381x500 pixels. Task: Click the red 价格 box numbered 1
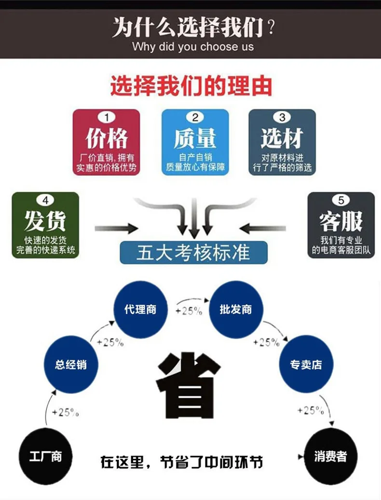107,142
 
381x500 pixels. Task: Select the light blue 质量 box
195,142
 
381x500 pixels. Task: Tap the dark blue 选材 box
282,142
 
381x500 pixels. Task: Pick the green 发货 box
45,225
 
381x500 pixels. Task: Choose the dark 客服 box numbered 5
341,225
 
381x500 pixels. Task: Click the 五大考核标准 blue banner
193,252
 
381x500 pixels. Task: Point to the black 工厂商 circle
45,456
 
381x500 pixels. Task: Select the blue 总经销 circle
71,364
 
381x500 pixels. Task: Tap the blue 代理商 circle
140,309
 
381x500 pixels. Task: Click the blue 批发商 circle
236,309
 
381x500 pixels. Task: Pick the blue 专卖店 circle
306,364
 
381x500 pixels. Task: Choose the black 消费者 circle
330,456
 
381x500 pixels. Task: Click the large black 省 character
189,385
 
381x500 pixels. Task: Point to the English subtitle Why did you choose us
193,46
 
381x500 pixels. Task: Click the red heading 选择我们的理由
191,85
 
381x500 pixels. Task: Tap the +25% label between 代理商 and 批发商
189,311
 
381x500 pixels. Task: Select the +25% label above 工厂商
65,412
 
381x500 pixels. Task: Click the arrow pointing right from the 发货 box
116,228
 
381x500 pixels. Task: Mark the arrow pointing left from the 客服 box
262,228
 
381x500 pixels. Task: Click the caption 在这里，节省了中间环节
182,462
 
